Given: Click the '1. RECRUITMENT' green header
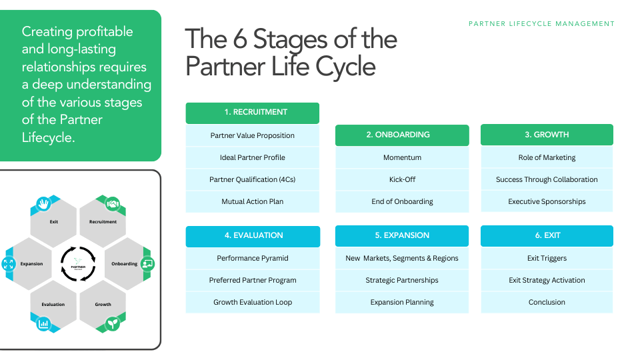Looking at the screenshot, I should click(252, 112).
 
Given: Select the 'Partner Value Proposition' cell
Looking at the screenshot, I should click(252, 135).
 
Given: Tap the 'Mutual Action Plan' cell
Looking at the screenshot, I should click(252, 201).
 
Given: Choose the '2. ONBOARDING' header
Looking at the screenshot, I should click(402, 135).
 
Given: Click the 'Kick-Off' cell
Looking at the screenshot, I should click(402, 179).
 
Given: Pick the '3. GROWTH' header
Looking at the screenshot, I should click(547, 135).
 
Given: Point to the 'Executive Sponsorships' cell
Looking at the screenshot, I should click(547, 201).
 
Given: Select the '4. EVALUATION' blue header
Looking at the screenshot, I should click(252, 235).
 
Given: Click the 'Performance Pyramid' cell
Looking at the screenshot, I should click(252, 258).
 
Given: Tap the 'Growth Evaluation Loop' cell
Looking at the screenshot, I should click(252, 302).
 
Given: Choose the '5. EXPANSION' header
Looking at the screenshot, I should click(402, 235).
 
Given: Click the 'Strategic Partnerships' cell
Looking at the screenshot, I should click(402, 280).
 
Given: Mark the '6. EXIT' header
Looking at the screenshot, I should click(547, 235).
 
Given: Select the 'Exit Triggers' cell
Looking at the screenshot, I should click(547, 258).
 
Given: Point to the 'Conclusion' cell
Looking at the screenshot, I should click(547, 302).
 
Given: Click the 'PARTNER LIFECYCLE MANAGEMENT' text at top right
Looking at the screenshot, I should click(541, 23).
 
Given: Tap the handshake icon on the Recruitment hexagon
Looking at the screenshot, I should click(113, 203).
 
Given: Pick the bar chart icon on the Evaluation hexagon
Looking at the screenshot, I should click(44, 324).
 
